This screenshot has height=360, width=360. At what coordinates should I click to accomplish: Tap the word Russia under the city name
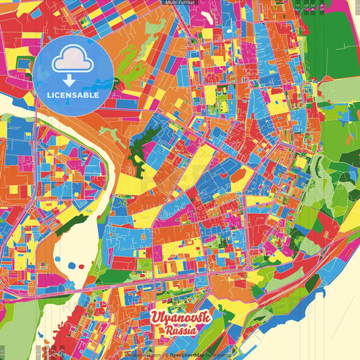pyautogui.click(x=180, y=331)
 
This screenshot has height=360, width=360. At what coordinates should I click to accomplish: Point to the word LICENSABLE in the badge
pyautogui.click(x=73, y=95)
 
